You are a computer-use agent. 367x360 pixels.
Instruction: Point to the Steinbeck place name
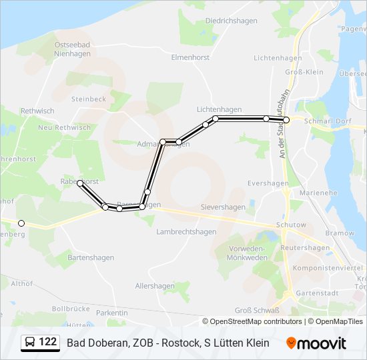click(x=89, y=99)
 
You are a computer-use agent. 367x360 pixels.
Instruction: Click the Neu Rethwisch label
click(x=64, y=127)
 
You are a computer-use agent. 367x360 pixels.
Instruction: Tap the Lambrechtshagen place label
click(x=186, y=232)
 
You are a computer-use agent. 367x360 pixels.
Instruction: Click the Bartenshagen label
click(x=91, y=257)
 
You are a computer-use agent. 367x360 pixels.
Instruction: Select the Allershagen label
click(x=155, y=286)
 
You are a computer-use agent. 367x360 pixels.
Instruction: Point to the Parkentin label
click(x=112, y=312)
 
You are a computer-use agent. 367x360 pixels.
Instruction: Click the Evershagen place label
click(x=268, y=183)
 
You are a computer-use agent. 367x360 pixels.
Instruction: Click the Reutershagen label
click(x=305, y=248)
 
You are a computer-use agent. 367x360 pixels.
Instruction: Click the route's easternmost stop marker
click(x=287, y=119)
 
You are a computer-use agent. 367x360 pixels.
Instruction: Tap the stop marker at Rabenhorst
click(x=80, y=183)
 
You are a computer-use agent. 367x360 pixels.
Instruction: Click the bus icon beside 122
click(x=30, y=343)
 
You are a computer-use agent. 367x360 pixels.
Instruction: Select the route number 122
click(x=48, y=343)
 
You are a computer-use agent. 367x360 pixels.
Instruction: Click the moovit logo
click(x=316, y=343)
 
